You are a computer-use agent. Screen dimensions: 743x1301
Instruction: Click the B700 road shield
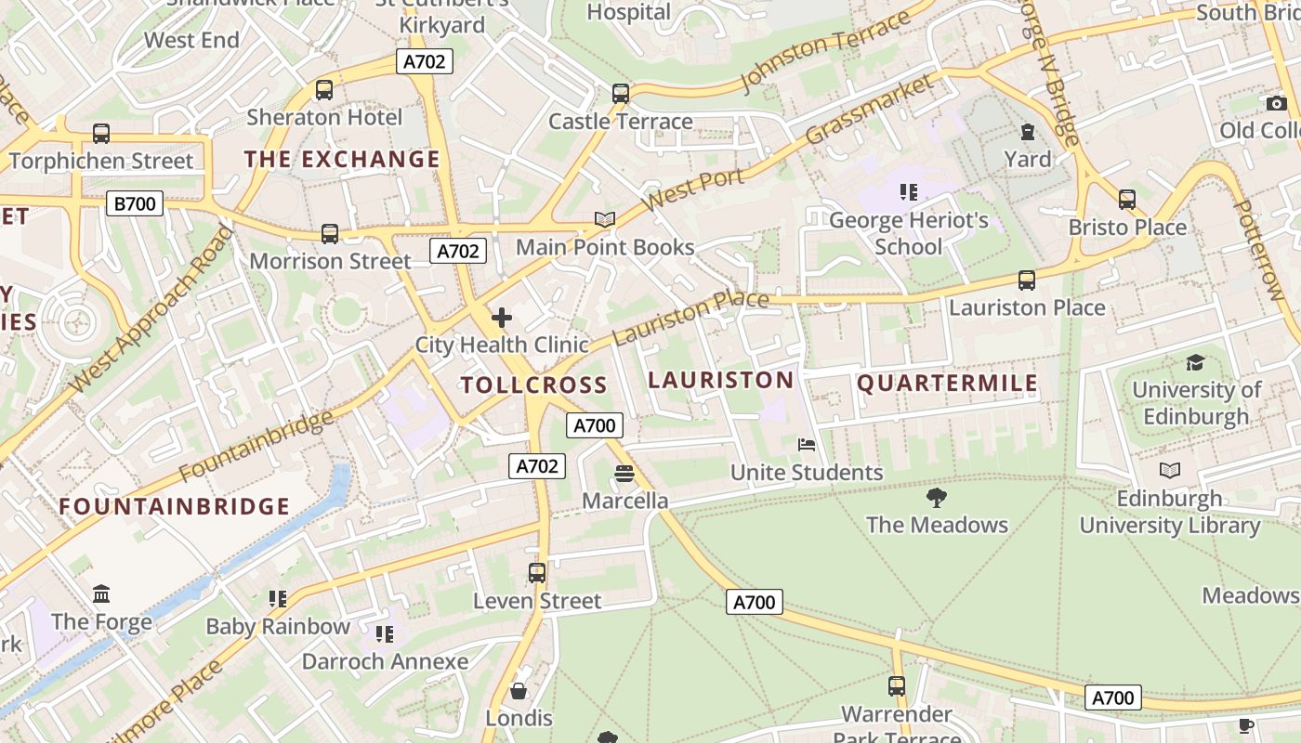(x=135, y=203)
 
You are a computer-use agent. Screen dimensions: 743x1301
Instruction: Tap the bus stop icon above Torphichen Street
(x=101, y=134)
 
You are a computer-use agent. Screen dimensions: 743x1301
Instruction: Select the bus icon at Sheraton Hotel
(x=323, y=90)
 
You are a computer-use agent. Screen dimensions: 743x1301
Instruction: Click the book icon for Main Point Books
(x=605, y=220)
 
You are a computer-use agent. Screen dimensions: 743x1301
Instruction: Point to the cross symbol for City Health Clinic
(x=502, y=319)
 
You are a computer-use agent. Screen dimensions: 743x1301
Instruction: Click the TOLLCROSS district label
(x=534, y=385)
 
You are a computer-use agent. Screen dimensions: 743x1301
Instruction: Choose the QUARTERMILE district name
(x=947, y=384)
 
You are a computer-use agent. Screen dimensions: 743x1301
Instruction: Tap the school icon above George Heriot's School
(x=908, y=192)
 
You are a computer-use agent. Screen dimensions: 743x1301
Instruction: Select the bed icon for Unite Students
(x=807, y=445)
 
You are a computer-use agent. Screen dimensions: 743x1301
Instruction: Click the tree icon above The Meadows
(x=937, y=498)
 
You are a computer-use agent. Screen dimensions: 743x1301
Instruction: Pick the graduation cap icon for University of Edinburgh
(x=1195, y=362)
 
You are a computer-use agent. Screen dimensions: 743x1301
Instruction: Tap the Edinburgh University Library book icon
(x=1170, y=471)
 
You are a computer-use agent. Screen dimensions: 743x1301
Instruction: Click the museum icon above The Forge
(x=101, y=593)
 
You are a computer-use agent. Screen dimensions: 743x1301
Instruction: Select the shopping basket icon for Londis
(x=519, y=691)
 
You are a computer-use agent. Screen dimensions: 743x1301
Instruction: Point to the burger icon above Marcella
(x=624, y=474)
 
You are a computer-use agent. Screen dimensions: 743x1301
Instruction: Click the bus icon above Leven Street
(x=537, y=573)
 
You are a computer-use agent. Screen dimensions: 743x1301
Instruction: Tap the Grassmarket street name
(x=869, y=110)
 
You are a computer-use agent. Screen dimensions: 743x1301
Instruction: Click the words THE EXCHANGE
(x=342, y=159)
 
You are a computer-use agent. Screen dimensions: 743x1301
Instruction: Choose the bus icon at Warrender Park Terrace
(x=897, y=686)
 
